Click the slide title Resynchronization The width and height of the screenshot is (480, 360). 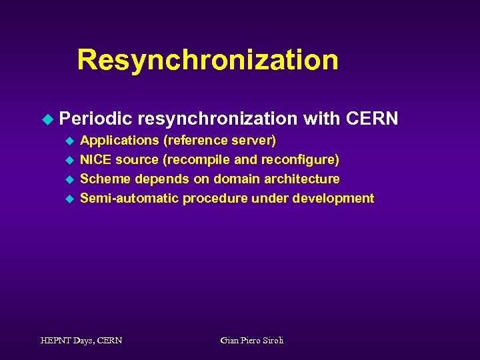[x=207, y=60]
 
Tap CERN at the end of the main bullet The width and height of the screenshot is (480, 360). [x=373, y=119]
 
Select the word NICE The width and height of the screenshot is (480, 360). [x=96, y=160]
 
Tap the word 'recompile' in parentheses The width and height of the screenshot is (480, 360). [x=198, y=160]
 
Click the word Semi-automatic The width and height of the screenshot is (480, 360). [x=129, y=199]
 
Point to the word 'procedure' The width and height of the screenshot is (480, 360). [x=215, y=199]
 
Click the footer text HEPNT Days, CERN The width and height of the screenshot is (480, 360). [x=81, y=341]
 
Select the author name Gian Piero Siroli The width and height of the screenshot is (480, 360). [x=252, y=341]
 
